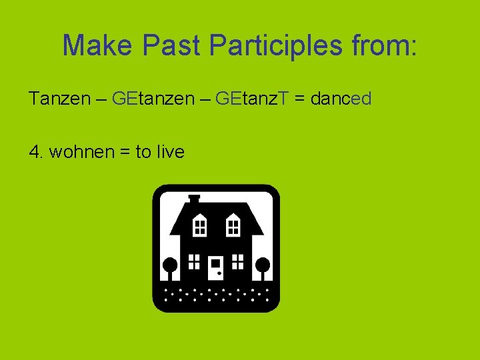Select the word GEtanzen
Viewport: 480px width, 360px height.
tap(154, 99)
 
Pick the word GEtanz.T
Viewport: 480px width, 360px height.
tap(253, 99)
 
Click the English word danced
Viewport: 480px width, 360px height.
tap(341, 99)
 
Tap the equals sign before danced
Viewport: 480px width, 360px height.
tap(300, 100)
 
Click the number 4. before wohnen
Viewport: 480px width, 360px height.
tap(37, 152)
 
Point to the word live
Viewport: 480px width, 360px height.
tap(170, 152)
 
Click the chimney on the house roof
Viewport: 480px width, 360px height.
tap(194, 199)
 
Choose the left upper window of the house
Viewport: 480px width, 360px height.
tap(199, 226)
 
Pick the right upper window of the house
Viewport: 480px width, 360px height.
tap(233, 226)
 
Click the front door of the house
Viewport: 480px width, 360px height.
tap(216, 268)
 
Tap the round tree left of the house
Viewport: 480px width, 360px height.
tap(170, 266)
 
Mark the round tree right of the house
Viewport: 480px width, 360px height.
tap(263, 266)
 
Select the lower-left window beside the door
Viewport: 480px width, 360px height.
tap(194, 261)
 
